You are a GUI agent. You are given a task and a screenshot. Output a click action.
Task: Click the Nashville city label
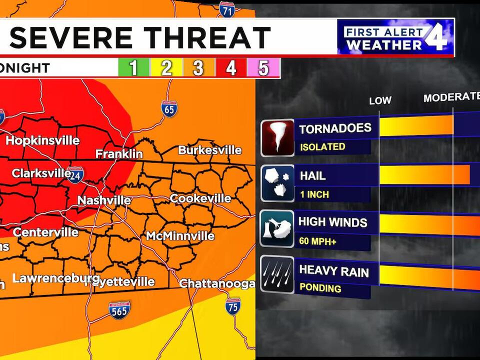pos(104,200)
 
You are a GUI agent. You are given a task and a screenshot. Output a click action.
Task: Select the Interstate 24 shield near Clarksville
pos(75,175)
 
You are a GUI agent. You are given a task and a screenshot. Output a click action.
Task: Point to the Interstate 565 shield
pos(119,310)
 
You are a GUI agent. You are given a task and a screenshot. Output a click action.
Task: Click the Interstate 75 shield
pos(232,306)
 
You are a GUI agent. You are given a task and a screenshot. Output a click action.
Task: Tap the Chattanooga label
pos(217,283)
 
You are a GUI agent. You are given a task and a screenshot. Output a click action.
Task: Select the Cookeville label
pos(200,198)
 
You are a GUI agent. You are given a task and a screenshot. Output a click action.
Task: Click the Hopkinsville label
pos(42,140)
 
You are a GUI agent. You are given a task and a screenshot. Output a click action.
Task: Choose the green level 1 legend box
pos(133,67)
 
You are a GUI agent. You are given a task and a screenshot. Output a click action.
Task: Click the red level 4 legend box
pos(230,67)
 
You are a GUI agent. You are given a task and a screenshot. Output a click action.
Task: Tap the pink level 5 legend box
pos(263,67)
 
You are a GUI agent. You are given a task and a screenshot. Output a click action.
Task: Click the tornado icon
pos(277,137)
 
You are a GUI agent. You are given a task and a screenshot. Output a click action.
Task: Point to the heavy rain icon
pos(277,274)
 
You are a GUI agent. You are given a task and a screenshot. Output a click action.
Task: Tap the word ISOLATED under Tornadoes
pos(322,147)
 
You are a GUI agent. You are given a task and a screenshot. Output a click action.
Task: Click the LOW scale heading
pos(380,100)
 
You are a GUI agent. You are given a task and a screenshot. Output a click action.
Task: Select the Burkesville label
pos(210,150)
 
